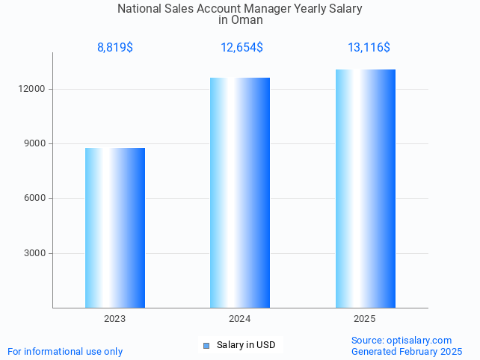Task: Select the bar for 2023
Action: pos(115,227)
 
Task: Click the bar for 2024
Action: pos(240,192)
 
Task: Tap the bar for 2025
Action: pos(365,188)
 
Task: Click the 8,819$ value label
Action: pos(115,48)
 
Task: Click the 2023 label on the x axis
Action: pos(115,319)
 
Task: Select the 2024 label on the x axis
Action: pos(240,319)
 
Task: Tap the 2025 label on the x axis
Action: pos(365,319)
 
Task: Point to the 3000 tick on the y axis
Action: pos(35,253)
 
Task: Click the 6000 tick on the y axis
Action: pos(35,198)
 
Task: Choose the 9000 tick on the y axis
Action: pos(35,143)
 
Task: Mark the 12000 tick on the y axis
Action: pos(33,89)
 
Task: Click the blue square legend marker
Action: pos(206,345)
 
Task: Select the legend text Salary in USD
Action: pos(246,345)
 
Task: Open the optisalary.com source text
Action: pos(401,340)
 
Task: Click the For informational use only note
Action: pos(65,351)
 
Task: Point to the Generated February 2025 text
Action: pos(406,351)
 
